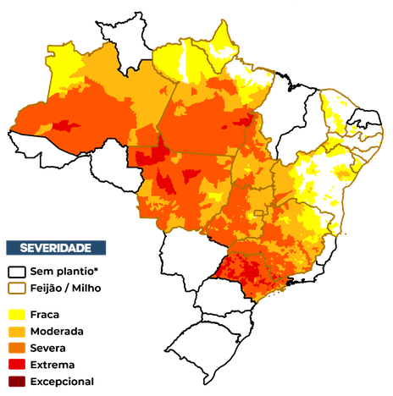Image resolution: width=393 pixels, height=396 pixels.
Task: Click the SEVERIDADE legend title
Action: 56,247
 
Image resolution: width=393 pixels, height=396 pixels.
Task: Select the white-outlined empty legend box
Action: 17,272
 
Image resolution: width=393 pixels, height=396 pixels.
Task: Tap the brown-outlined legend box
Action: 17,288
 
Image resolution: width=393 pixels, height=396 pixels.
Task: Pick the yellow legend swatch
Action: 17,314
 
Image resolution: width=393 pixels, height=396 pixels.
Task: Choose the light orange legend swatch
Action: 17,331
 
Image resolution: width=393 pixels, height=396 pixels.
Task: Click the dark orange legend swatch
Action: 17,348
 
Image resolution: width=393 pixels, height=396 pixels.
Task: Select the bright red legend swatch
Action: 17,365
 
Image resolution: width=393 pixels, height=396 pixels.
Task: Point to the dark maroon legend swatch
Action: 17,382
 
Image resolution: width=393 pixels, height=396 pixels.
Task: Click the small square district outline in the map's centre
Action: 257,215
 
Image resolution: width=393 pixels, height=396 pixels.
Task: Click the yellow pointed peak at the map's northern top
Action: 224,34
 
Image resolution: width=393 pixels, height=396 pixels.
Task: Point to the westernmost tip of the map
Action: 11,129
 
